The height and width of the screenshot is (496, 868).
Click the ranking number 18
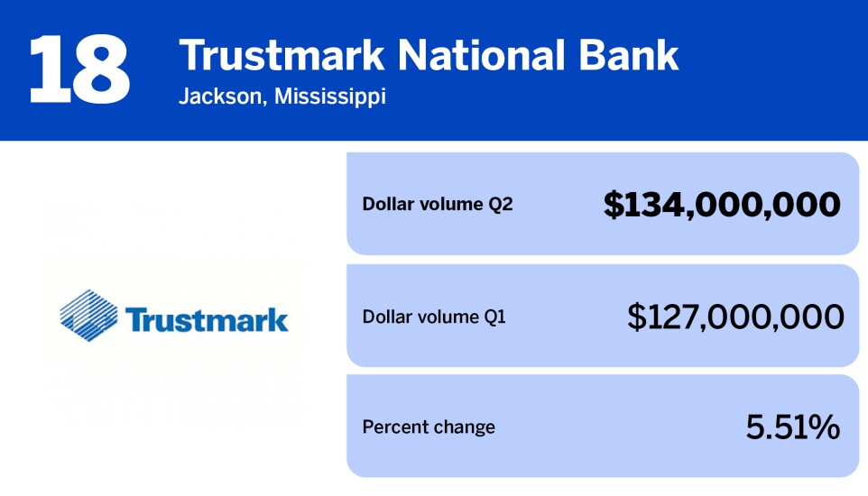pyautogui.click(x=79, y=69)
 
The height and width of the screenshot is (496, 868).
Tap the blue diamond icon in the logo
pyautogui.click(x=89, y=312)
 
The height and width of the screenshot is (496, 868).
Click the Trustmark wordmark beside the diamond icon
pyautogui.click(x=207, y=319)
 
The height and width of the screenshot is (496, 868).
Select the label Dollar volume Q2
pyautogui.click(x=437, y=205)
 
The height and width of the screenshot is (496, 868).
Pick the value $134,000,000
pyautogui.click(x=722, y=205)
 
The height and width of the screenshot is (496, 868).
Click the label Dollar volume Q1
pyautogui.click(x=433, y=317)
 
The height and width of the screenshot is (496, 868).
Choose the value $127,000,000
pyautogui.click(x=735, y=317)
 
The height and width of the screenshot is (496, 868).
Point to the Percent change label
pyautogui.click(x=429, y=427)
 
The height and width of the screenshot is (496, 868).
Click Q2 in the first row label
pyautogui.click(x=500, y=205)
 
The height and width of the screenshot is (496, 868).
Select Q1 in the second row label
pyautogui.click(x=494, y=317)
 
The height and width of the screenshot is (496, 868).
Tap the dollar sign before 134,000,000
pyautogui.click(x=614, y=205)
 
